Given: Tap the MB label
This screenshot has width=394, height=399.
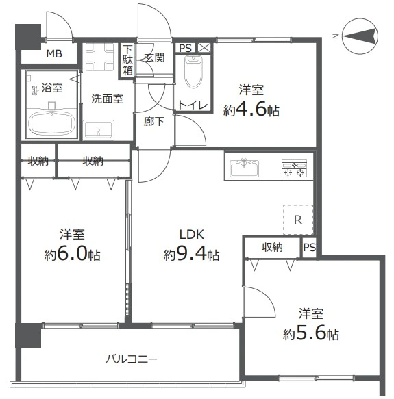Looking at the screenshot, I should tap(53, 54).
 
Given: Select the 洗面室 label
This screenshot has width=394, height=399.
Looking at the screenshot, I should tap(107, 99).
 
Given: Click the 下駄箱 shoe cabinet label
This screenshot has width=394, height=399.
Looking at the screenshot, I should tap(127, 60).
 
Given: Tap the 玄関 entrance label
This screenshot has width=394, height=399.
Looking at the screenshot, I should tap(153, 58).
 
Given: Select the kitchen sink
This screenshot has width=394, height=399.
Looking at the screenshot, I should tap(244, 166).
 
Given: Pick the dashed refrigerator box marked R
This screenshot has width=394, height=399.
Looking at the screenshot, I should tap(298, 220).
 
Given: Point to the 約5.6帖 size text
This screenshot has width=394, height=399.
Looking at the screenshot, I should tap(310, 335).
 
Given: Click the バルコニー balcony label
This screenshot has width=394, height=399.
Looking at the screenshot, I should tap(132, 359).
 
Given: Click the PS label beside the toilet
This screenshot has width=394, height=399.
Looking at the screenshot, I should tap(185, 48).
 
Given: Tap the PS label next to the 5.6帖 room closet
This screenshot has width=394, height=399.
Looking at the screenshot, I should tap(310, 247).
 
